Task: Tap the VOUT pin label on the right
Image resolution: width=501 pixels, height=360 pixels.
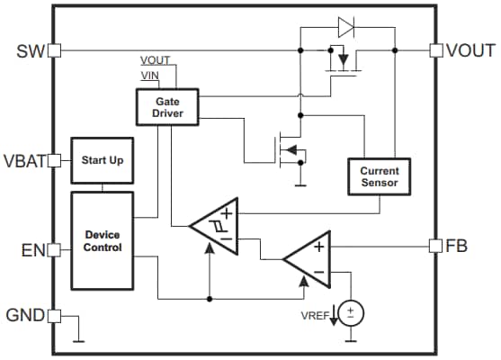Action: pyautogui.click(x=471, y=50)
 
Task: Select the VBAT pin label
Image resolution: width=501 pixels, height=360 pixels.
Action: pyautogui.click(x=24, y=162)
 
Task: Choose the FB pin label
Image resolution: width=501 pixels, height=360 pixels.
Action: pyautogui.click(x=458, y=246)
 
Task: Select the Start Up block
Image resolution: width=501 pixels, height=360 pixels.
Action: pyautogui.click(x=103, y=160)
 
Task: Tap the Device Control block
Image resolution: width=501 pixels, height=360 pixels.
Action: pyautogui.click(x=103, y=240)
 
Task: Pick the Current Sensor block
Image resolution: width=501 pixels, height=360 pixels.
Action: pyautogui.click(x=379, y=176)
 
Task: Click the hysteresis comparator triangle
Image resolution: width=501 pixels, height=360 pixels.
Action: pyautogui.click(x=217, y=226)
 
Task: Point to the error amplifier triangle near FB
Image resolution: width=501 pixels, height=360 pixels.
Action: pyautogui.click(x=310, y=257)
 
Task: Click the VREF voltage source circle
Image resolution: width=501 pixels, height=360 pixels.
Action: pyautogui.click(x=352, y=313)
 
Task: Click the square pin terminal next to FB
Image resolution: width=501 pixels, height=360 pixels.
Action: pyautogui.click(x=436, y=246)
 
